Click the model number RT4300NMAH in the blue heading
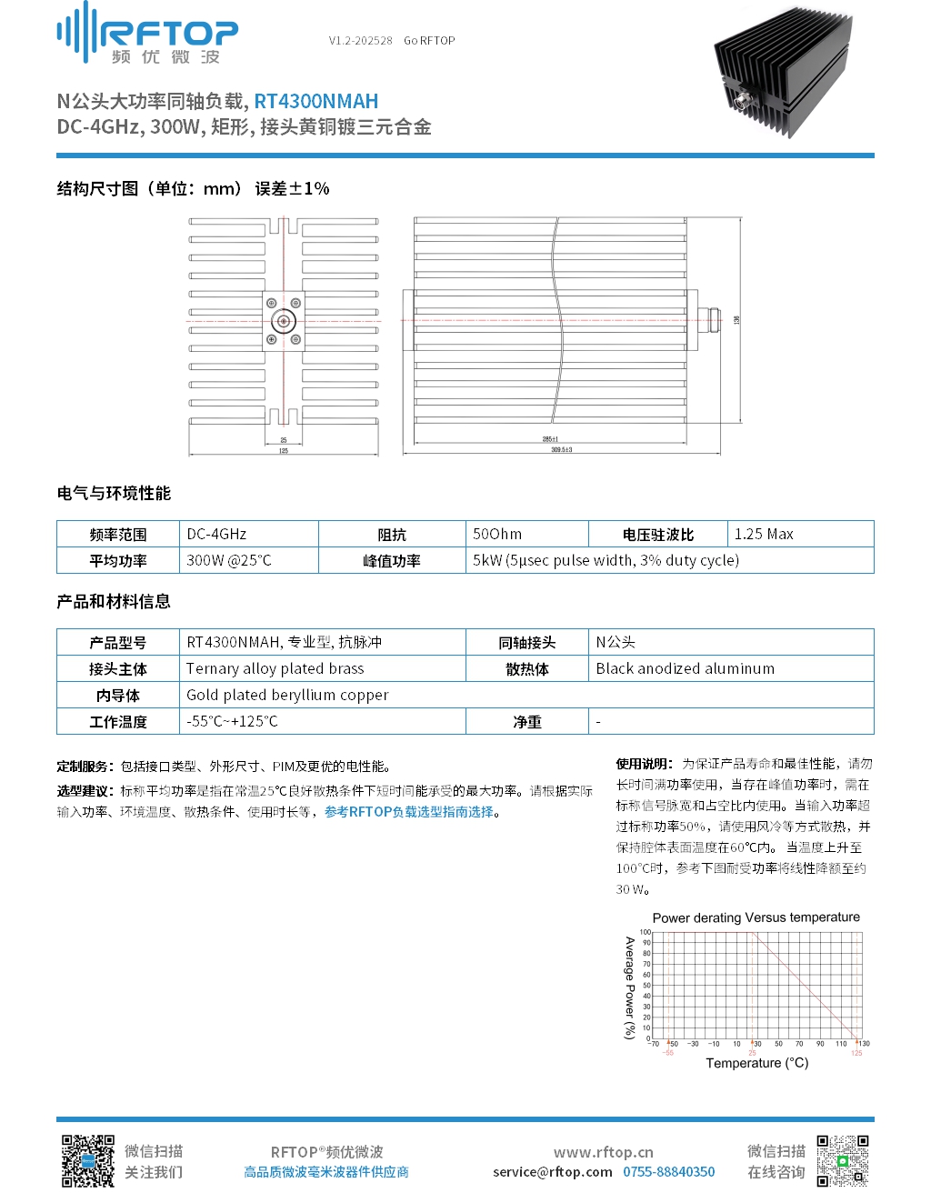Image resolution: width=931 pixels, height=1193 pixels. (x=315, y=102)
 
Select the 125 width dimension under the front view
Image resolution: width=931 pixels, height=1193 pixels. (x=284, y=451)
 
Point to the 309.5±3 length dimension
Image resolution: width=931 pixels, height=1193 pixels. (x=561, y=450)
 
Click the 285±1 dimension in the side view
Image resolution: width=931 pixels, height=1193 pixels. (x=550, y=439)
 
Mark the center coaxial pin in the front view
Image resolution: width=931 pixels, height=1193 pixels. (x=284, y=321)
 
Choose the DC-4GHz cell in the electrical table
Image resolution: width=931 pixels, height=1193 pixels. (x=216, y=535)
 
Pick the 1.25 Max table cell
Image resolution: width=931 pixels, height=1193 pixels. (x=764, y=535)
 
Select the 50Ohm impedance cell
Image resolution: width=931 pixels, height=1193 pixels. (x=497, y=535)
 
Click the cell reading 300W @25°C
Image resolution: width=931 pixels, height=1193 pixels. (x=229, y=561)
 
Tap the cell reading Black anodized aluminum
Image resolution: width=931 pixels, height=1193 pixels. (x=686, y=669)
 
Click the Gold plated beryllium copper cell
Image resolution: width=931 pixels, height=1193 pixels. (x=287, y=696)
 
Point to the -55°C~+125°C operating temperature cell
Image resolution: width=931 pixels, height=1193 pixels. (x=232, y=722)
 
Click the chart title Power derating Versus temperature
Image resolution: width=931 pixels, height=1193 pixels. (x=756, y=917)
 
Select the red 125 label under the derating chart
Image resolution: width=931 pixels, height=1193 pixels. (x=856, y=1053)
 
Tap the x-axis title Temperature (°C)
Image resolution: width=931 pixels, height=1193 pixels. (x=756, y=1063)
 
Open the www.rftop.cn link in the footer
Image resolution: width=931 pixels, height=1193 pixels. (x=603, y=1152)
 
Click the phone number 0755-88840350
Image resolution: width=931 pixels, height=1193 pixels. (x=668, y=1172)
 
